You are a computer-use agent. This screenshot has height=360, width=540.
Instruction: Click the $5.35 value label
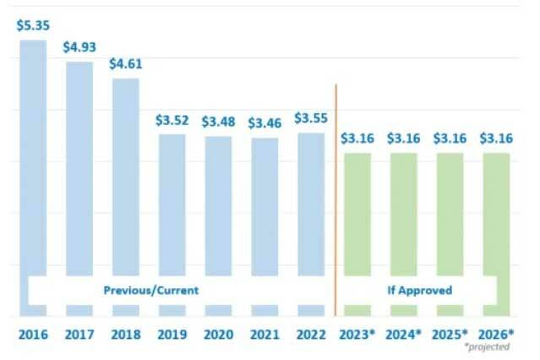(32, 25)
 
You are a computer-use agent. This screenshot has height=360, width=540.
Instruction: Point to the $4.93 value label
(79, 46)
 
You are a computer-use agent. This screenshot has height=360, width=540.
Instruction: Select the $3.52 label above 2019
(172, 120)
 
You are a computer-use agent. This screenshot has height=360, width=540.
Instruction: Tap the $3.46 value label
(264, 123)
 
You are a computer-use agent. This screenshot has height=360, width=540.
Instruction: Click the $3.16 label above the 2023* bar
(357, 139)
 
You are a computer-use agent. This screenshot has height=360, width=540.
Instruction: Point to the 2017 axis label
(79, 334)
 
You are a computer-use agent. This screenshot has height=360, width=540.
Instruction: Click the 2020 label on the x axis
(218, 334)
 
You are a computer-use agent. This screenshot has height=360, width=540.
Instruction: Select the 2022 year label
(310, 334)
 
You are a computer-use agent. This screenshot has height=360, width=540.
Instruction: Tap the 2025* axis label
(450, 334)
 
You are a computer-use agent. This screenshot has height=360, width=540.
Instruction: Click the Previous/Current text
(151, 290)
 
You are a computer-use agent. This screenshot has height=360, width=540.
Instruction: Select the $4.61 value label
(125, 63)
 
